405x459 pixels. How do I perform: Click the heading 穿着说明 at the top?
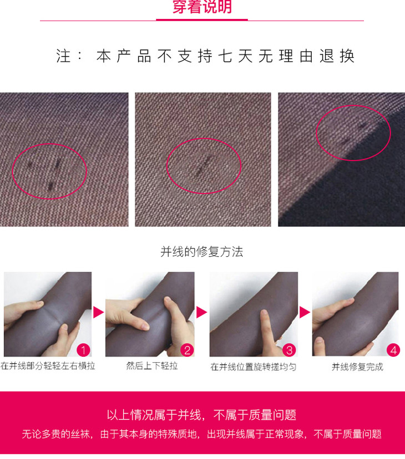point(202,7)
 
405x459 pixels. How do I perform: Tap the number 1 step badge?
point(83,350)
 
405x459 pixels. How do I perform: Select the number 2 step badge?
point(188,350)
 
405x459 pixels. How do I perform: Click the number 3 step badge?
point(289,350)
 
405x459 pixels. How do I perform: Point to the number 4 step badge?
point(393,350)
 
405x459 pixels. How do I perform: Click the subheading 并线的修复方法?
point(201,252)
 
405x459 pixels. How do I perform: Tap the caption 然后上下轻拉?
point(152,366)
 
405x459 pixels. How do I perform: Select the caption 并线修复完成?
point(357,367)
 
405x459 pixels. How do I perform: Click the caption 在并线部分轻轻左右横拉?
point(48,366)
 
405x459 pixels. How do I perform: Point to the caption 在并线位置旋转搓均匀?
point(254,367)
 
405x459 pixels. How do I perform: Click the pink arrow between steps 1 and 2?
point(98,312)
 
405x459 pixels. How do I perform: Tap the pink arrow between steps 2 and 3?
point(201,312)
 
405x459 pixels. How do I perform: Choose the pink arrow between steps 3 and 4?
point(305,312)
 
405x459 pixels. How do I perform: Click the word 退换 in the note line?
point(337,56)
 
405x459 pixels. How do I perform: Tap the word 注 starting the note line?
point(63,56)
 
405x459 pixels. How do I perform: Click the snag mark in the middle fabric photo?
point(204,166)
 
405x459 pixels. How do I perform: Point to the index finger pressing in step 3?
point(266,325)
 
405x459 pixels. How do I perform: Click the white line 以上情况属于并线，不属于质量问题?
point(201,415)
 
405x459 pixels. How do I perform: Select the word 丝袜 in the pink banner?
point(80,434)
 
